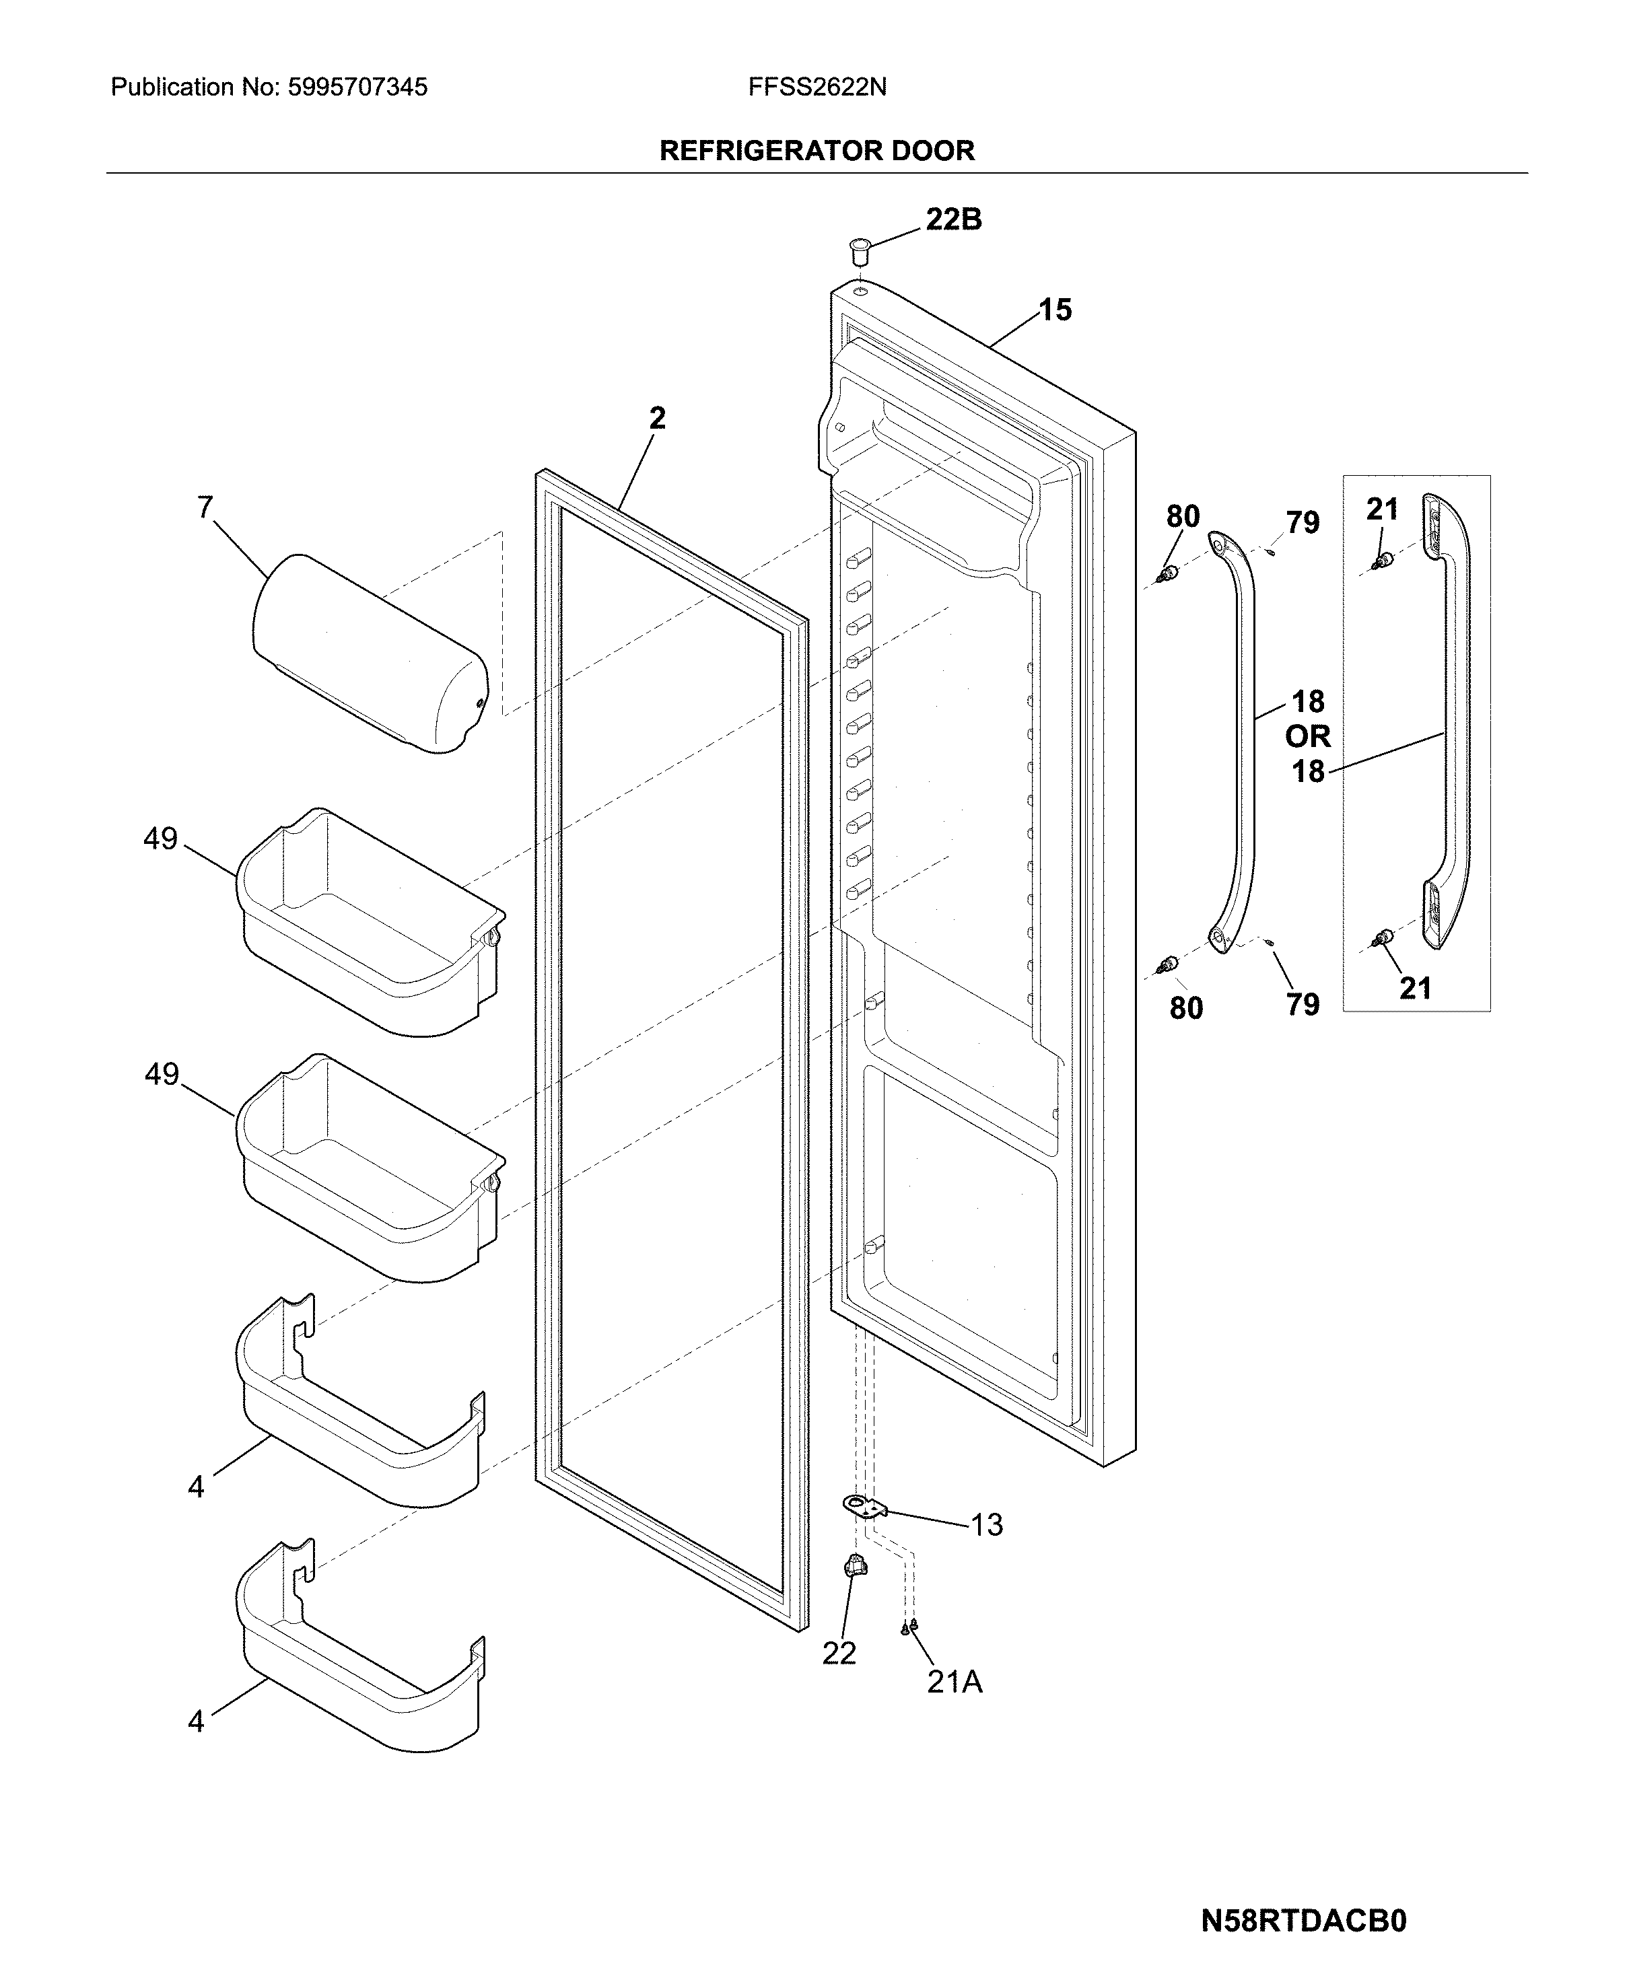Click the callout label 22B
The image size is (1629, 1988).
click(x=953, y=219)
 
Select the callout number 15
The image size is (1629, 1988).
click(x=1055, y=310)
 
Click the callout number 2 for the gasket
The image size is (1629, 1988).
click(x=657, y=419)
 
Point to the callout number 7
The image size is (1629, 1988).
click(x=205, y=507)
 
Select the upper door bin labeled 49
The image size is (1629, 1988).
click(x=371, y=924)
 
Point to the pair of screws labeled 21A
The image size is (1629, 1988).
click(x=909, y=1627)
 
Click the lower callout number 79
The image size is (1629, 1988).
click(x=1303, y=1005)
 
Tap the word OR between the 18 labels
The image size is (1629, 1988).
click(x=1308, y=736)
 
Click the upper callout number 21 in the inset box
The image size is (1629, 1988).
click(x=1382, y=509)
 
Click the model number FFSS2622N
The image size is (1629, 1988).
click(x=817, y=87)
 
